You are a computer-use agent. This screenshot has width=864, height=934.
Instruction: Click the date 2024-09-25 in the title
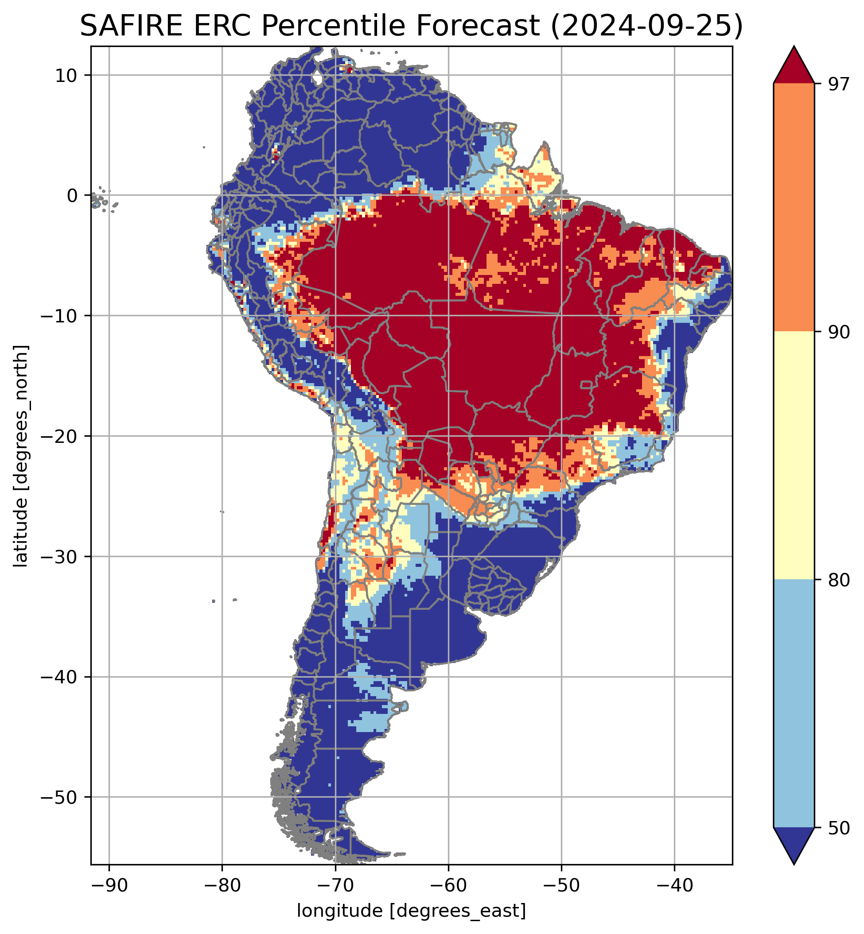[x=646, y=26]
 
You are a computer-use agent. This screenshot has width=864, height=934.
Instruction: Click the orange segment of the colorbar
[x=794, y=208]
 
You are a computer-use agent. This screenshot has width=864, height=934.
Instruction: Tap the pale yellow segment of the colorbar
[x=794, y=456]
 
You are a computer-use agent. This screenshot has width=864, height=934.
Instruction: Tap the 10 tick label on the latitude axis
[x=66, y=75]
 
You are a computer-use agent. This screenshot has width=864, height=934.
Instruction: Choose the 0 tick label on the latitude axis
[x=73, y=196]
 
